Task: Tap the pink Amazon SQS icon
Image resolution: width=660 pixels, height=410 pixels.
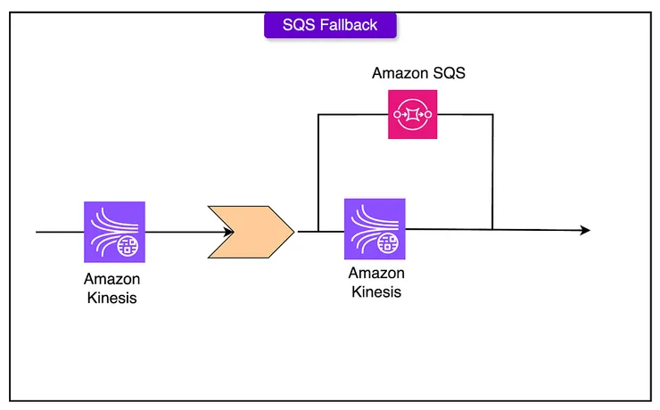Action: click(411, 115)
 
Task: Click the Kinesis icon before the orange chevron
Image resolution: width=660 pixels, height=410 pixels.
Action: click(115, 231)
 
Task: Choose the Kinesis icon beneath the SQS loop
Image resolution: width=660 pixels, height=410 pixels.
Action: click(375, 228)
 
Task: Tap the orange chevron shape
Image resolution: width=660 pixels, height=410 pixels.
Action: click(251, 232)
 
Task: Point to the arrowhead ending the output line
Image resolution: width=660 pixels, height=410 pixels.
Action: click(584, 230)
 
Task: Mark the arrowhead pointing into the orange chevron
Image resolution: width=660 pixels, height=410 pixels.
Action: click(229, 232)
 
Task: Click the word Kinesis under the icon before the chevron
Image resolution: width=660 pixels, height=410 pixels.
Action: click(112, 298)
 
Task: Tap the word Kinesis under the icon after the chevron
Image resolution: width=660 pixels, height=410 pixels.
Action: click(375, 291)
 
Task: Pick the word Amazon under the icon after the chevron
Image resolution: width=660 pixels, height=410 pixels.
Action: click(375, 274)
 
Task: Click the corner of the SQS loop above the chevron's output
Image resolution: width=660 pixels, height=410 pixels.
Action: click(318, 115)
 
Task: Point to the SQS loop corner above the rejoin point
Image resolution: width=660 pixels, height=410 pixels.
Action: click(492, 115)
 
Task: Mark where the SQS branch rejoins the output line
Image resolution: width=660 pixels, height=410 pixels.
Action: click(492, 229)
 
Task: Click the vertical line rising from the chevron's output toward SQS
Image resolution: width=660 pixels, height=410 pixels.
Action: click(318, 174)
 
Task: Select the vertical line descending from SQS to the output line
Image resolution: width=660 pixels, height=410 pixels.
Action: click(492, 174)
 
